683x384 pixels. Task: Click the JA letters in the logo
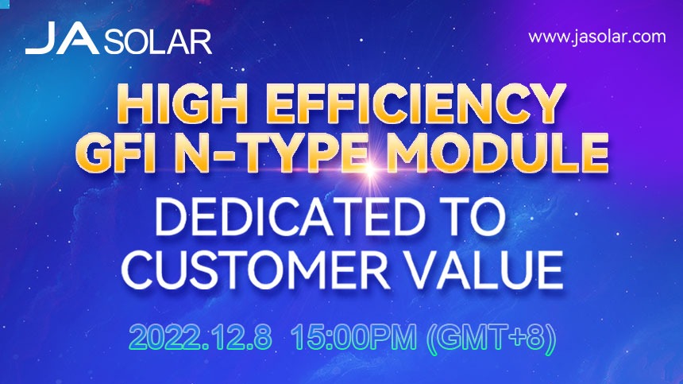click(x=62, y=38)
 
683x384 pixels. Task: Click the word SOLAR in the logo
click(x=158, y=43)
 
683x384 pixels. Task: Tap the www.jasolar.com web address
click(x=596, y=37)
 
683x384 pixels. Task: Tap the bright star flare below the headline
click(x=370, y=169)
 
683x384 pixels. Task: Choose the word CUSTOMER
click(x=255, y=270)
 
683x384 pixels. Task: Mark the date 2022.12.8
click(x=201, y=337)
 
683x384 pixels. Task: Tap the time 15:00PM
click(x=353, y=337)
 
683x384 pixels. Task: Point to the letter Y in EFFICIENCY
click(x=546, y=104)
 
